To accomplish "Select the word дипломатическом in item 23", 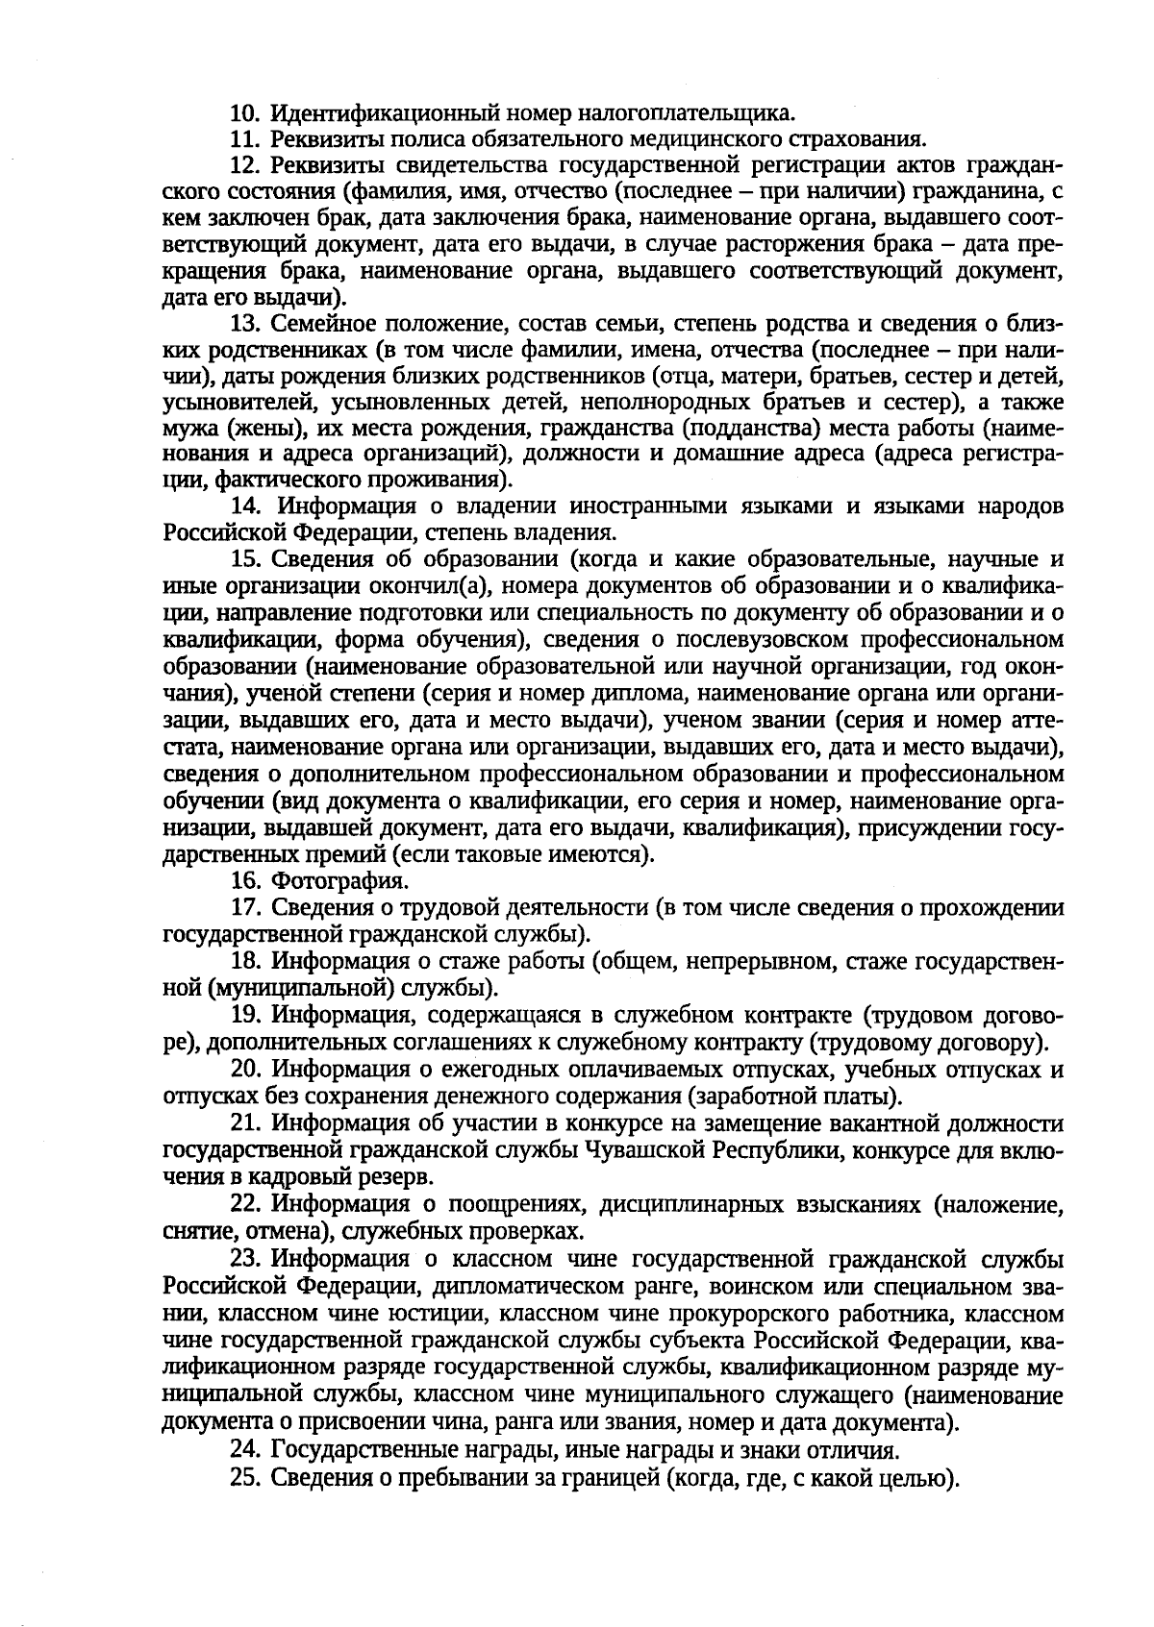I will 516,1285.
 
